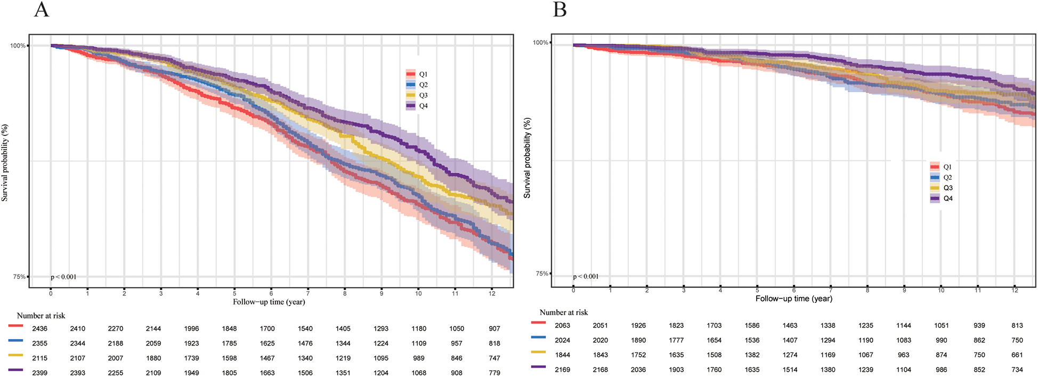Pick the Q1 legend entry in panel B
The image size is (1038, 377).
[942, 167]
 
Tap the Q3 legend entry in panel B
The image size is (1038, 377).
[942, 188]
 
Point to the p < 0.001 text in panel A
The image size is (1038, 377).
[63, 277]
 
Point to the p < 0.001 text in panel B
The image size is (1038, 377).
[586, 276]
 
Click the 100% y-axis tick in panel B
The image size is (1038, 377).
[540, 43]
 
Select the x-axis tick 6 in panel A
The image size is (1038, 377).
[271, 293]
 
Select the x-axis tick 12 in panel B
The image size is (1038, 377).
[1015, 290]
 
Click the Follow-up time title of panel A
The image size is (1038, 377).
[269, 302]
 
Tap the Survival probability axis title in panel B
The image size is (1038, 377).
[527, 158]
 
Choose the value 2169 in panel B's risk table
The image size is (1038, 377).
[562, 370]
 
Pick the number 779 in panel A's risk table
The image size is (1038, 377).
[494, 373]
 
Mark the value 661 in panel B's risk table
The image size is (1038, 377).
[1017, 355]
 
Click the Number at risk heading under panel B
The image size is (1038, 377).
[563, 312]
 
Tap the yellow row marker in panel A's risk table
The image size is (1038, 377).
[15, 354]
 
